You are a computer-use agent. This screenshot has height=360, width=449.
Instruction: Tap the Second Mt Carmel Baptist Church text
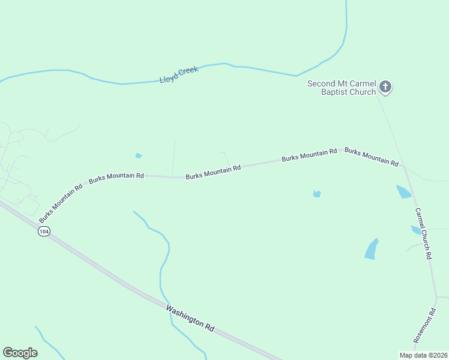tap(342, 88)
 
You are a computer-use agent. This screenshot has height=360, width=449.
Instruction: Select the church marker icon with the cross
tap(385, 88)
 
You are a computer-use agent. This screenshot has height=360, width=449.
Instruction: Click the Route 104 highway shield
tap(43, 231)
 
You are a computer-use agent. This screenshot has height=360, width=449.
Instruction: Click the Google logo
tap(20, 353)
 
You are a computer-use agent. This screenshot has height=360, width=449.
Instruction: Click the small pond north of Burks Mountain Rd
tap(139, 156)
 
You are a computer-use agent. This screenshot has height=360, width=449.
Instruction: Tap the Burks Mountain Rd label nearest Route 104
tap(61, 204)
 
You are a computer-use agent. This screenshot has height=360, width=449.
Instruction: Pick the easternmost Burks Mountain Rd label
tap(372, 157)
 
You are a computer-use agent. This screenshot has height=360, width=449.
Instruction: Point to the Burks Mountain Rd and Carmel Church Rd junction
tap(405, 167)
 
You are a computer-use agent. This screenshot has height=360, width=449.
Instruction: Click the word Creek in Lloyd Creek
tap(188, 71)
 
